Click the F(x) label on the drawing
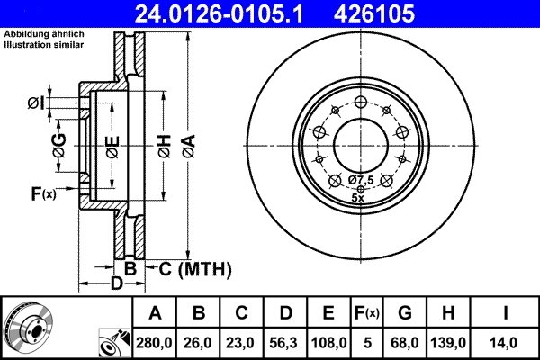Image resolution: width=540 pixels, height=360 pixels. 43,193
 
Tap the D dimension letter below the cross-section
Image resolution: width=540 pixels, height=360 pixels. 115,285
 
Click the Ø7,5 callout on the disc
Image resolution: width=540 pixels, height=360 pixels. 361,180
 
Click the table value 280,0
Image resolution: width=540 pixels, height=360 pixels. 155,343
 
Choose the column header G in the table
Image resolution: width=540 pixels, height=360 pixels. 405,314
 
